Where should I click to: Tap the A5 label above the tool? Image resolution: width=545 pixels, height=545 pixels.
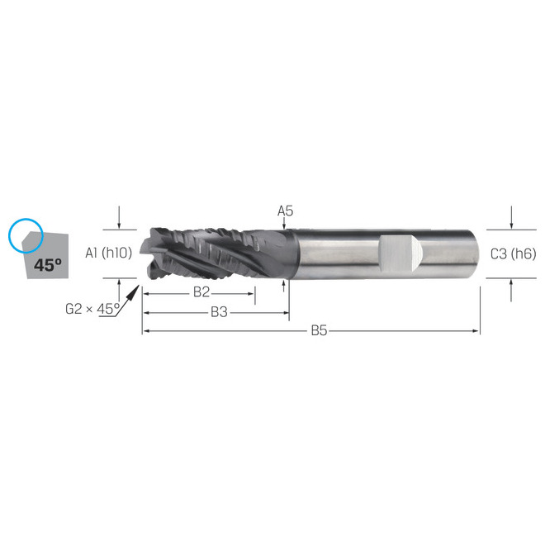pyautogui.click(x=285, y=211)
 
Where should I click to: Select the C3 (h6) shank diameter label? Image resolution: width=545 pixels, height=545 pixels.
pyautogui.click(x=513, y=254)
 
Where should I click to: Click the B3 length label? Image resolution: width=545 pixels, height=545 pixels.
pyautogui.click(x=219, y=311)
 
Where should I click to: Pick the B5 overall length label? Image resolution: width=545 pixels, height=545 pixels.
pyautogui.click(x=320, y=331)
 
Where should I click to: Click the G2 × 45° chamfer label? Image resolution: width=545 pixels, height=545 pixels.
pyautogui.click(x=92, y=310)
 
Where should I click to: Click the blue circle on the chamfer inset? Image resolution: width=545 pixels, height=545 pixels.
pyautogui.click(x=25, y=235)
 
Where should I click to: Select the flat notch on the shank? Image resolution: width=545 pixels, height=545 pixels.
pyautogui.click(x=400, y=254)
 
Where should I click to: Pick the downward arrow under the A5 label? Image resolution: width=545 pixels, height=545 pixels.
pyautogui.click(x=284, y=225)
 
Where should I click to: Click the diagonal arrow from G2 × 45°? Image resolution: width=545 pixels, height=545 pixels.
pyautogui.click(x=130, y=295)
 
